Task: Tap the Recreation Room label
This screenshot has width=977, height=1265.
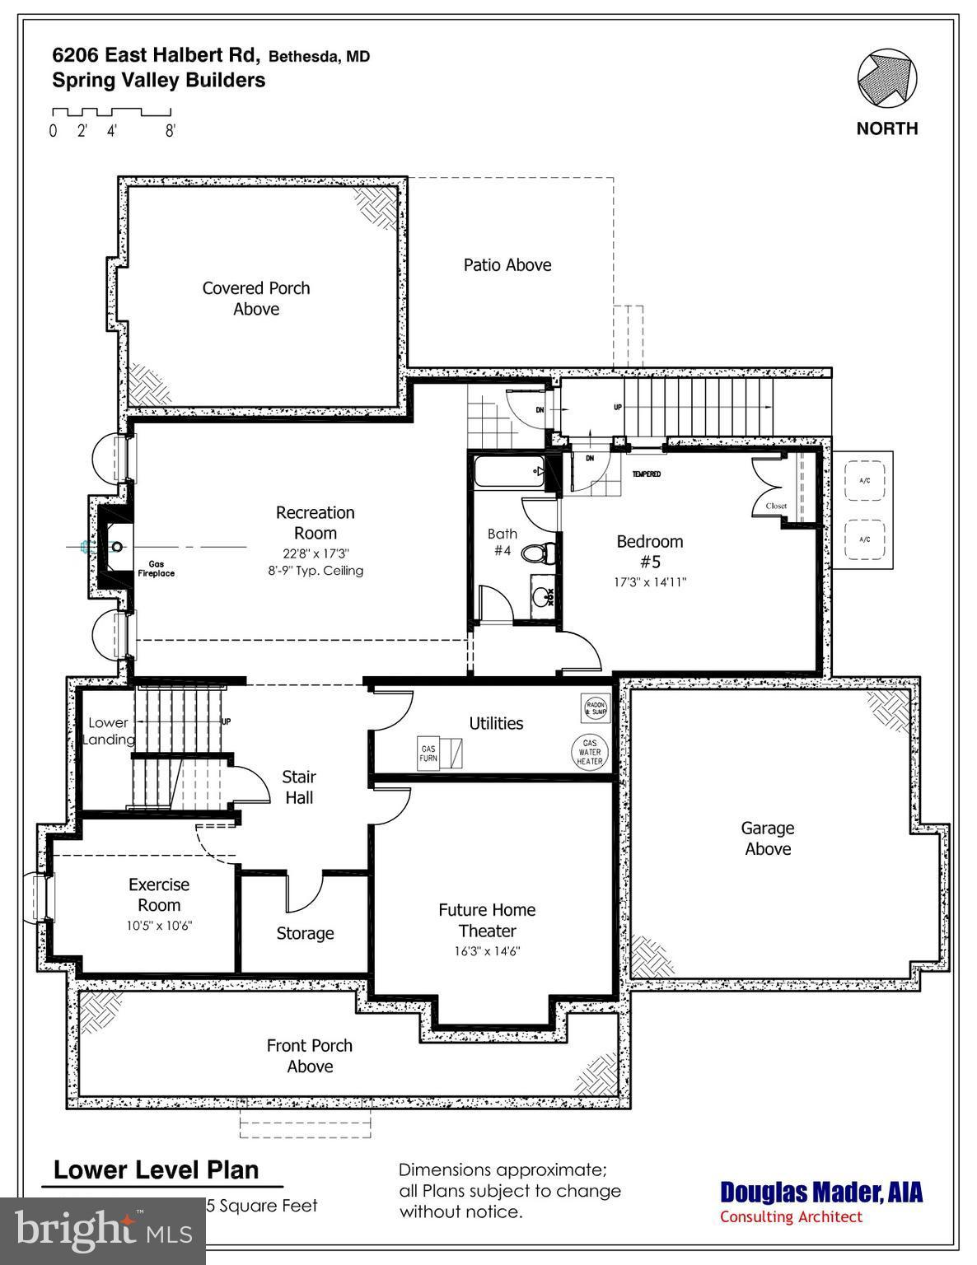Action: pyautogui.click(x=315, y=523)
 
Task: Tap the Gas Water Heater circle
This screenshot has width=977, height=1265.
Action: pyautogui.click(x=590, y=751)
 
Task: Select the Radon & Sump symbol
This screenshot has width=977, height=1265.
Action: pyautogui.click(x=595, y=708)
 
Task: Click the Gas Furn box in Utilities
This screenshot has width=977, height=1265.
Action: pyautogui.click(x=428, y=753)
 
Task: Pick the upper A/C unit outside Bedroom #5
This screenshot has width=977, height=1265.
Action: pyautogui.click(x=864, y=480)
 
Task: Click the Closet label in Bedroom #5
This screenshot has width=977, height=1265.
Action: pyautogui.click(x=776, y=506)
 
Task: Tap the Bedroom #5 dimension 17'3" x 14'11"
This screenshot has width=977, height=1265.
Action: pyautogui.click(x=650, y=582)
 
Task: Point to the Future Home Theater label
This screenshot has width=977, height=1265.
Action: pyautogui.click(x=487, y=920)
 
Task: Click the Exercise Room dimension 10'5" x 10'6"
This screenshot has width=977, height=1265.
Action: pyautogui.click(x=159, y=926)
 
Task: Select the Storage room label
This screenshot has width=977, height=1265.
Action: pyautogui.click(x=305, y=933)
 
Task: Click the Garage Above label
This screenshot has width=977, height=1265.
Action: pyautogui.click(x=768, y=838)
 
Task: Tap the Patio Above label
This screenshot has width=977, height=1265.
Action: pyautogui.click(x=507, y=265)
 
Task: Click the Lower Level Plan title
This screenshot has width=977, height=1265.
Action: pyautogui.click(x=157, y=1169)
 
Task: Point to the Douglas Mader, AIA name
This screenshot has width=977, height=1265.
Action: pyautogui.click(x=821, y=1193)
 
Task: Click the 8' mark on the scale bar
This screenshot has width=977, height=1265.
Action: pyautogui.click(x=170, y=131)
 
